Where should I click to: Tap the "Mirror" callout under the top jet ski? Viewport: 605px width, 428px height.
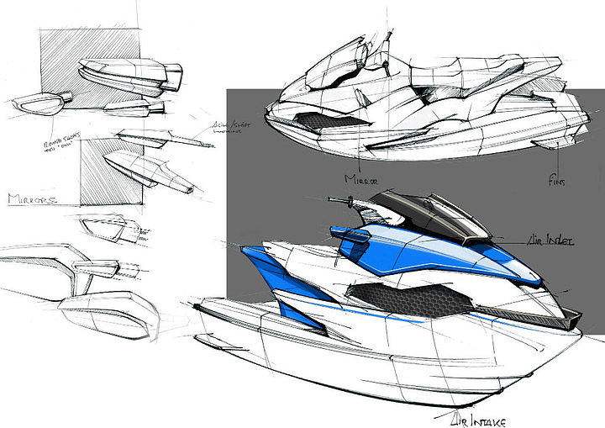tap(360, 178)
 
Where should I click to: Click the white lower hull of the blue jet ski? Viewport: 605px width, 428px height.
tap(353, 362)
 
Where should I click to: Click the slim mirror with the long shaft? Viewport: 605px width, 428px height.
tap(160, 135)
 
